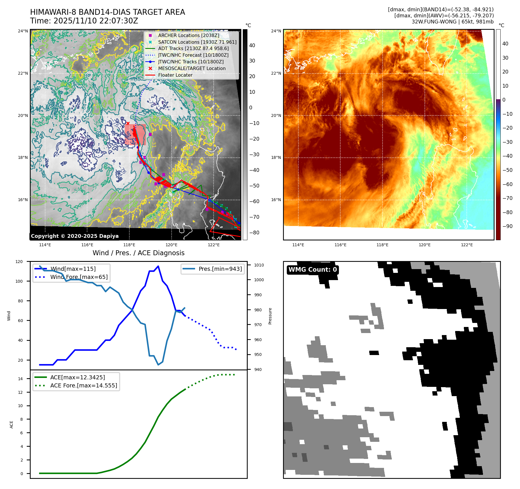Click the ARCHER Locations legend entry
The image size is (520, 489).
(x=188, y=35)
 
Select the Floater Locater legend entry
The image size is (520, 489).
(x=175, y=75)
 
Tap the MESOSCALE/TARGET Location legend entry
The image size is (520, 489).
(x=192, y=68)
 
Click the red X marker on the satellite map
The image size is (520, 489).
(x=128, y=123)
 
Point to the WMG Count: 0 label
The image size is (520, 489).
(x=313, y=270)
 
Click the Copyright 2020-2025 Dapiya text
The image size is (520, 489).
(x=75, y=236)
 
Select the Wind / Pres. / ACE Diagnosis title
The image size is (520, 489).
(x=138, y=253)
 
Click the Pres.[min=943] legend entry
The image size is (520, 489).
(x=220, y=269)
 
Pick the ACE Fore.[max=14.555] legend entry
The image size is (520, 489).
(x=83, y=385)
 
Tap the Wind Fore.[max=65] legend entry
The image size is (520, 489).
(x=79, y=277)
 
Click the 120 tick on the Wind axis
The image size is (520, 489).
(x=19, y=262)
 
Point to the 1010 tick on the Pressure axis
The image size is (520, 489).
(x=259, y=265)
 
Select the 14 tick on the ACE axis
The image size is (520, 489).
(x=20, y=379)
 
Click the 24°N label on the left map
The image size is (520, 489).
(x=23, y=31)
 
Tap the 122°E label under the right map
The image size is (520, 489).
(x=467, y=245)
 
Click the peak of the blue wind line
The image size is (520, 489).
(x=158, y=266)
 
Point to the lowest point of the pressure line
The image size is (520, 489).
(x=158, y=365)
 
